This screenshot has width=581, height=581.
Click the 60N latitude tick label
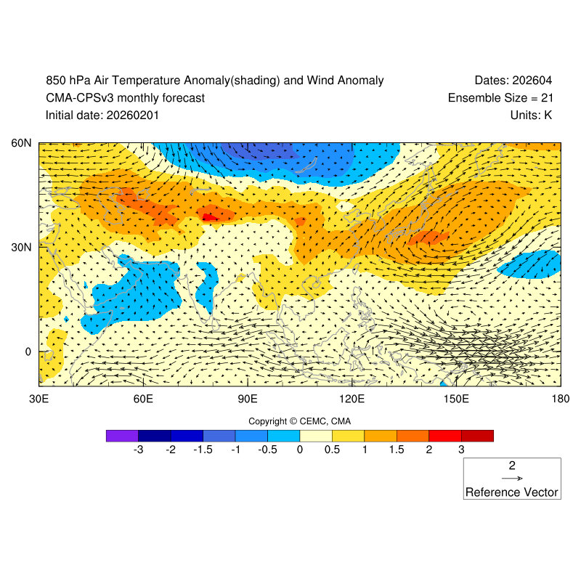point(21,143)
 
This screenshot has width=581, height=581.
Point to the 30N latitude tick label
point(21,247)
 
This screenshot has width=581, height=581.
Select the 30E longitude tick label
point(38,399)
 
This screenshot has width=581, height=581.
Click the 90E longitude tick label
point(248,399)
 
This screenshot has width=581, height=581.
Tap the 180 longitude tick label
point(560,399)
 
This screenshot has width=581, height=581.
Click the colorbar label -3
point(138,450)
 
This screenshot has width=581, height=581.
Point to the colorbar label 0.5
point(332,450)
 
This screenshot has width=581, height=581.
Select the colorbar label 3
point(461,450)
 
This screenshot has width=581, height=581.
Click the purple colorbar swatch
point(122,436)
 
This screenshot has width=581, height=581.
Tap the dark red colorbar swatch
point(477,436)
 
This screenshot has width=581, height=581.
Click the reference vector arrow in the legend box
point(512,479)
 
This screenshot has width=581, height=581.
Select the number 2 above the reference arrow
point(512,466)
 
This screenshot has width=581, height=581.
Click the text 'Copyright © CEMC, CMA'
point(300,421)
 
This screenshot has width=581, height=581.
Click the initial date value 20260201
point(133,115)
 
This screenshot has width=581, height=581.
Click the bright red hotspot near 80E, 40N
point(210,216)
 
